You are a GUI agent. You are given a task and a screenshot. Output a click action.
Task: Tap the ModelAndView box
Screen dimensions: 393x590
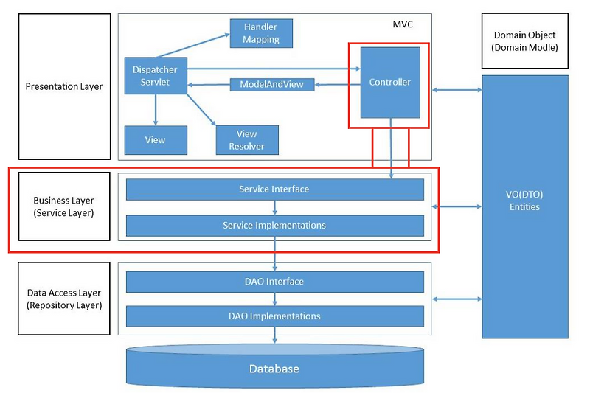pos(272,85)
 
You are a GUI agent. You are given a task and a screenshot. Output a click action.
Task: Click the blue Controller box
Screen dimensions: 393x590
pos(389,83)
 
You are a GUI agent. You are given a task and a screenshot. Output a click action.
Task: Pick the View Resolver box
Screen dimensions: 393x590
pos(246,139)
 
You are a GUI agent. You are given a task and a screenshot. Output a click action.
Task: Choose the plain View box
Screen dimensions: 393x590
pos(155,139)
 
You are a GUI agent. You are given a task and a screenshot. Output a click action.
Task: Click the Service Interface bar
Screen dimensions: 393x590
pos(274,189)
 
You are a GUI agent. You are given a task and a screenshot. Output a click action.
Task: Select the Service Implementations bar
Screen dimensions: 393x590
pos(274,225)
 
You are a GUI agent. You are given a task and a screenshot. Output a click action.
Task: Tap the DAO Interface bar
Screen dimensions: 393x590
pos(274,282)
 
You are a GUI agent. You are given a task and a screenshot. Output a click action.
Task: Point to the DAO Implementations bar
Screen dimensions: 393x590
pos(274,316)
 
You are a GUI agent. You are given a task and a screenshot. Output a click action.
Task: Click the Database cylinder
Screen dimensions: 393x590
pos(274,368)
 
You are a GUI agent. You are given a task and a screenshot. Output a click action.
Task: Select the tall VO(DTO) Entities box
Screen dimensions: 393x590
pos(525,206)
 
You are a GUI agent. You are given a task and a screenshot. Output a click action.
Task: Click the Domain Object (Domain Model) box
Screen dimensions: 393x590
pos(524,41)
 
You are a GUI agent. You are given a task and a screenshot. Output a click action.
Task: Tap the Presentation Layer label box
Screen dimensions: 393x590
pos(63,86)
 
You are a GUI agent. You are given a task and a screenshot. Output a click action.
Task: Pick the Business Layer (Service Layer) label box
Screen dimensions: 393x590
pos(63,206)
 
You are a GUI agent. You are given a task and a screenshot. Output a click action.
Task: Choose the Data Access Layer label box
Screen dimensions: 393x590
pos(63,299)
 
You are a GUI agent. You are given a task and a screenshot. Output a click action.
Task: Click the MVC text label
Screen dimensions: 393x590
pos(403,24)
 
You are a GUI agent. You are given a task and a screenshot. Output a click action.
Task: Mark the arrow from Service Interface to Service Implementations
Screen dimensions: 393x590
pos(274,207)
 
